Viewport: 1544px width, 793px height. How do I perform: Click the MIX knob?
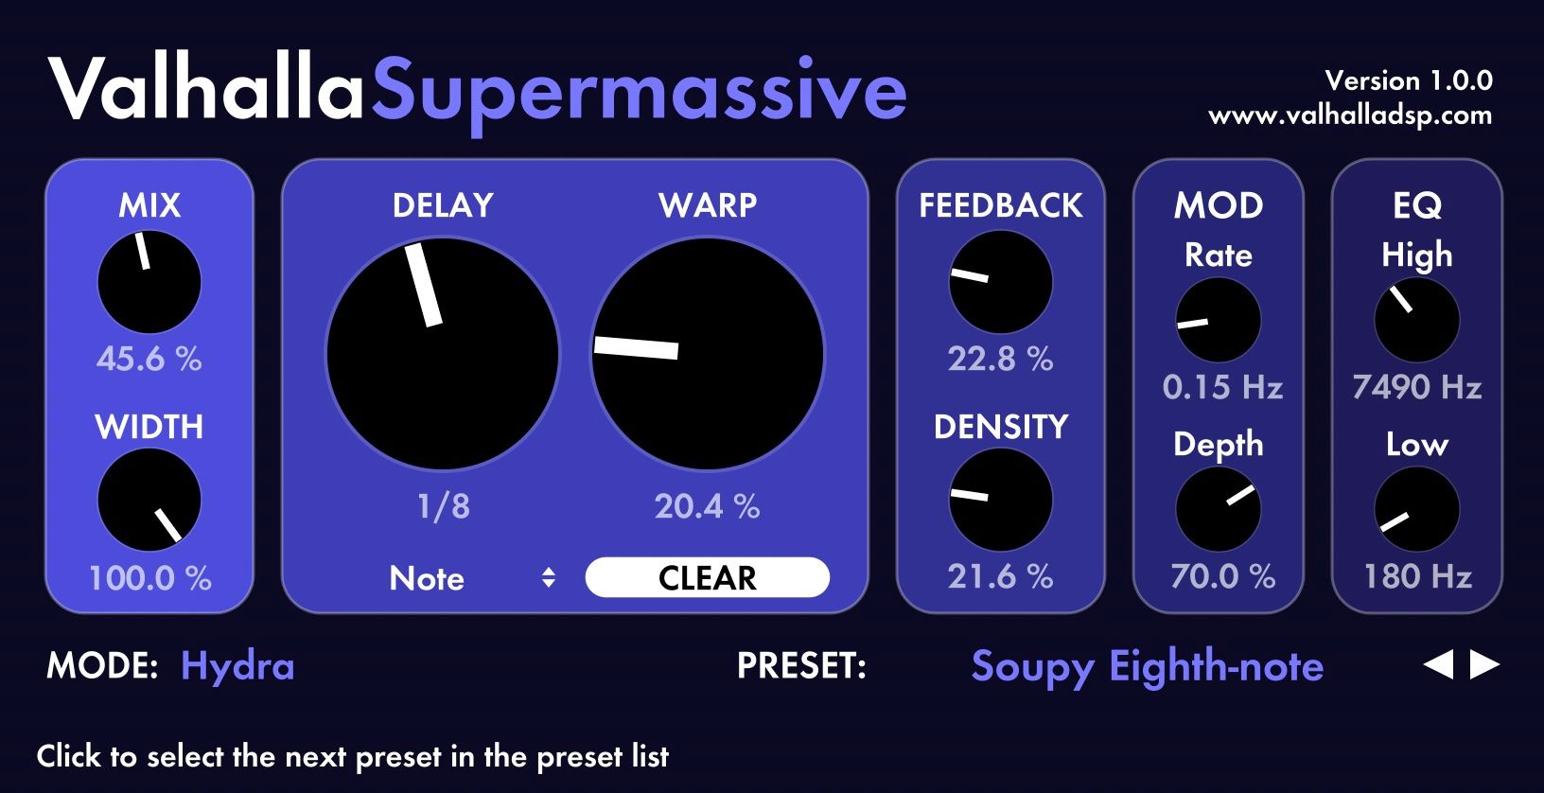(x=149, y=282)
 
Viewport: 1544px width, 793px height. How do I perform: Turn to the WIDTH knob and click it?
(x=149, y=500)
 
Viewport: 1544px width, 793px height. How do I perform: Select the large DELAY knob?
(x=443, y=354)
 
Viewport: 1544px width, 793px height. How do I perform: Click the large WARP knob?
(x=708, y=354)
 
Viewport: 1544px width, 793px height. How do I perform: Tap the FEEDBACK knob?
(x=1000, y=282)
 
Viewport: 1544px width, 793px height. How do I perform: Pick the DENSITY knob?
(x=1000, y=500)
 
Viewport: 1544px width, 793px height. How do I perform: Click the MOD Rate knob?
(x=1218, y=320)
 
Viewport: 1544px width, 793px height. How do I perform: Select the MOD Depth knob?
(x=1218, y=509)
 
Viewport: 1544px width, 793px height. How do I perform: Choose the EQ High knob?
(x=1416, y=320)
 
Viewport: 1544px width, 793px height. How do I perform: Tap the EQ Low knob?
(x=1416, y=509)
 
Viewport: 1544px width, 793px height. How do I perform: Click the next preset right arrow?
(x=1485, y=665)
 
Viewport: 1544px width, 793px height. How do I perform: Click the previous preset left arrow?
(x=1438, y=665)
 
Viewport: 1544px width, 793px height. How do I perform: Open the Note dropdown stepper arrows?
(x=549, y=577)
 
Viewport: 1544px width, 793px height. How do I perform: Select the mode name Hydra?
(x=237, y=665)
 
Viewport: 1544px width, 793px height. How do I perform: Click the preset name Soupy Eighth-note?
(x=1147, y=667)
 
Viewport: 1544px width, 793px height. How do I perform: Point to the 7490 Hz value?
(x=1416, y=387)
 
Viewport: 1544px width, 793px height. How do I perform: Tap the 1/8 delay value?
(x=443, y=506)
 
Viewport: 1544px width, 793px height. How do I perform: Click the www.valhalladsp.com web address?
(x=1350, y=115)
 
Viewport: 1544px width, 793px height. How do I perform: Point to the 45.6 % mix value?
(x=149, y=359)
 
